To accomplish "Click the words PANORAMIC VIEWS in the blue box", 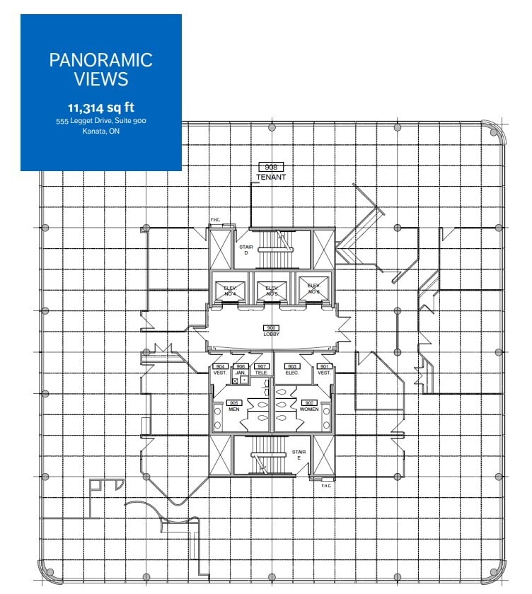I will point(100,69).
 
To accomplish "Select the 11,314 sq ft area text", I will point(100,108).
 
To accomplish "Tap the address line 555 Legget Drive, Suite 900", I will point(100,121).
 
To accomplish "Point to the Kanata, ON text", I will point(100,132).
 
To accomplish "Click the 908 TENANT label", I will point(271,172).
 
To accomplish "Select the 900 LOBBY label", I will point(271,332).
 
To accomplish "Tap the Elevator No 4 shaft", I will point(230,289).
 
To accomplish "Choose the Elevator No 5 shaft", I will point(271,289).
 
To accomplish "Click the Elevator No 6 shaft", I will point(312,289).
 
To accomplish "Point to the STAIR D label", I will point(245,250).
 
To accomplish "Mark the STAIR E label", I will point(298,455).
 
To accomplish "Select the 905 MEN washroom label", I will point(233,406).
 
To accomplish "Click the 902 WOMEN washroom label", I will point(308,406).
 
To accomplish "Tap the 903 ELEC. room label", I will point(291,369).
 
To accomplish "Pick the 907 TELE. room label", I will point(261,369).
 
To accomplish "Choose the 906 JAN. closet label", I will point(240,369).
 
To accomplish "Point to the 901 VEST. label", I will point(324,369).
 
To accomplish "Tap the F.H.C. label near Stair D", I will point(215,220).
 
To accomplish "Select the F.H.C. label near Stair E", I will point(326,485).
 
